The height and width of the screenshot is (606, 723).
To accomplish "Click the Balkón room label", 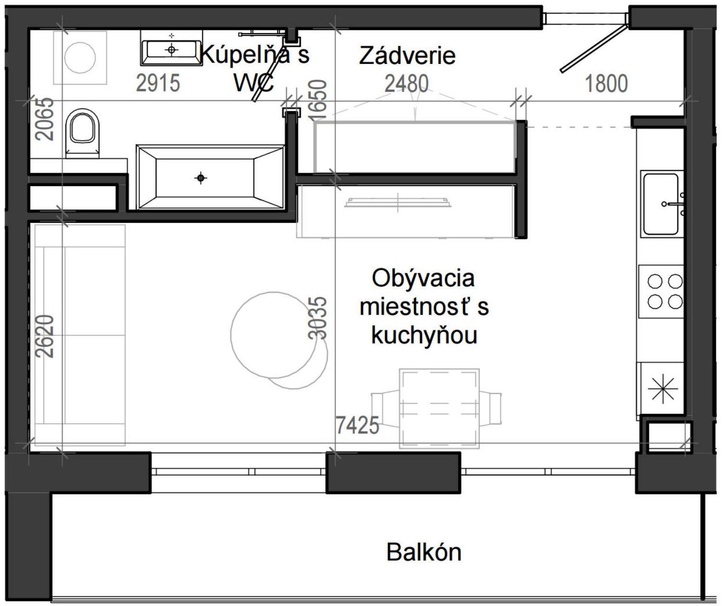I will point(424,552).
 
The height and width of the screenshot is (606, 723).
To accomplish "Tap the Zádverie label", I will point(407,55).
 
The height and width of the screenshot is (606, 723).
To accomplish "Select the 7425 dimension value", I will point(357,425).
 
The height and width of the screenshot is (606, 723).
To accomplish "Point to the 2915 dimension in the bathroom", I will point(158,83).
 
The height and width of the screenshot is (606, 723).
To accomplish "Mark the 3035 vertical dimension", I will point(318,318).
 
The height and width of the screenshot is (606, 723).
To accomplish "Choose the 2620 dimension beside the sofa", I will point(45,335).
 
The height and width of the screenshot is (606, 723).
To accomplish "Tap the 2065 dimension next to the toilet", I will point(45,119).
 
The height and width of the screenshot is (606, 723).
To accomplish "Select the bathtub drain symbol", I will point(201,179).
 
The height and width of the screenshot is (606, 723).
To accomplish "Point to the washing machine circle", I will point(80,57).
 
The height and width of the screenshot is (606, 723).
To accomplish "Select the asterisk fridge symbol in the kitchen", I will point(662,388).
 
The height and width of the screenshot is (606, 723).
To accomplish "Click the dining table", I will point(439,408).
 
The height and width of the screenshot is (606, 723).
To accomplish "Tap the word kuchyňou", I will point(424,335).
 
